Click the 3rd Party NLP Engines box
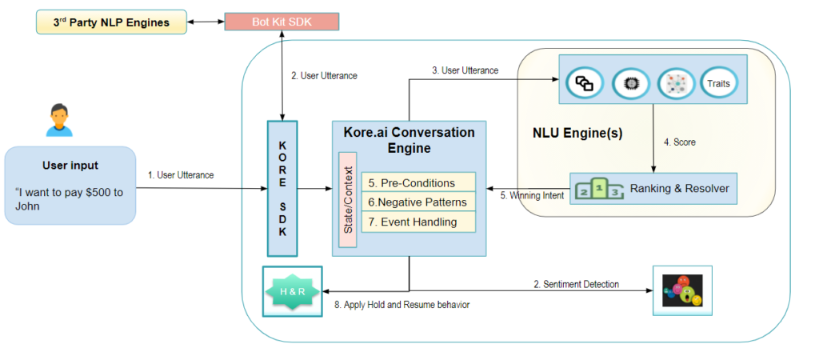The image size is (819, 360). pyautogui.click(x=111, y=22)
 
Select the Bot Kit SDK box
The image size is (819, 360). pyautogui.click(x=281, y=22)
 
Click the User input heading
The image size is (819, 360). pyautogui.click(x=70, y=166)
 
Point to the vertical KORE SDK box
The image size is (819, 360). pyautogui.click(x=282, y=188)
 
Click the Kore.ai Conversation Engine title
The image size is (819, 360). pyautogui.click(x=409, y=140)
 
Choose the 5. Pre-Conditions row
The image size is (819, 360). pyautogui.click(x=417, y=182)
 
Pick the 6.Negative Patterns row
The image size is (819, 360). pyautogui.click(x=417, y=202)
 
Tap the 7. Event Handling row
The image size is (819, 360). pyautogui.click(x=417, y=222)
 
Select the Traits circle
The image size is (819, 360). pyautogui.click(x=717, y=82)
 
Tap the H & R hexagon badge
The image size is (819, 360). pyautogui.click(x=292, y=290)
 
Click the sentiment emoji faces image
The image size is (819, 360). pyautogui.click(x=681, y=291)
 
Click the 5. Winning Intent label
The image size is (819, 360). pyautogui.click(x=533, y=195)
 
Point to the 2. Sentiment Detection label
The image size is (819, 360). pyautogui.click(x=576, y=284)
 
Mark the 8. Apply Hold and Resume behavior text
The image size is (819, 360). pyautogui.click(x=401, y=306)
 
